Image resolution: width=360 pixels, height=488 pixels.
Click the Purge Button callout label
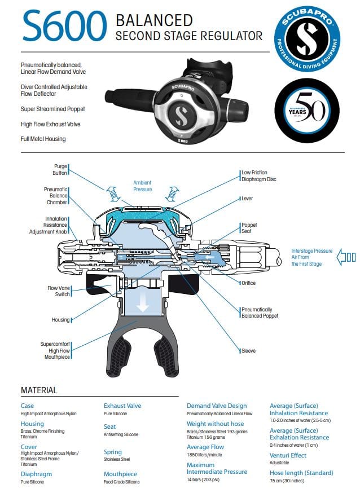pyautogui.click(x=60, y=170)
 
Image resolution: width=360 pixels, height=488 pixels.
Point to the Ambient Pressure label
pyautogui.click(x=142, y=186)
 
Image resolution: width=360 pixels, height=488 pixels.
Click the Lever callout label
pyautogui.click(x=247, y=199)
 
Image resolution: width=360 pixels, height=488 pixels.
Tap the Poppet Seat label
pyautogui.click(x=249, y=228)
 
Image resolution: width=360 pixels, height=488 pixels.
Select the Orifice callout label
pyautogui.click(x=248, y=283)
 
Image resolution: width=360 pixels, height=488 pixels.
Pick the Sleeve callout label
pyautogui.click(x=248, y=351)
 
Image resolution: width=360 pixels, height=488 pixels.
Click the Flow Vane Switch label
pyautogui.click(x=58, y=291)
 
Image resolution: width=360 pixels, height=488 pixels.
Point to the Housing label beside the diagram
pyautogui.click(x=60, y=320)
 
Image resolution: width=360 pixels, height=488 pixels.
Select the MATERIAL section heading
pyautogui.click(x=39, y=390)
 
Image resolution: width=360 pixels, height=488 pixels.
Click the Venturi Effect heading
pyautogui.click(x=288, y=455)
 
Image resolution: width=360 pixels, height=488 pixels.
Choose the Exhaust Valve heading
pyautogui.click(x=122, y=406)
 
